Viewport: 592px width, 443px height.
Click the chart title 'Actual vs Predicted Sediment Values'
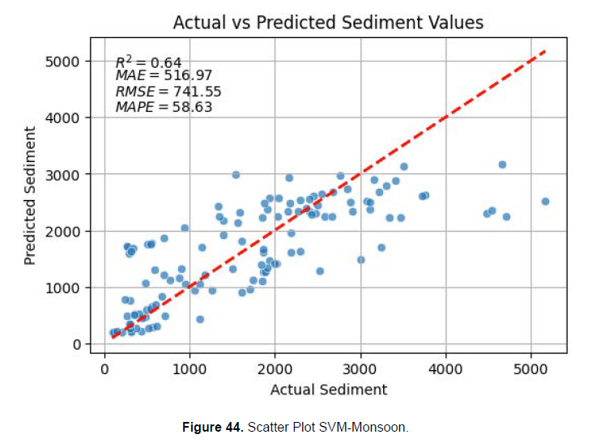pyautogui.click(x=328, y=22)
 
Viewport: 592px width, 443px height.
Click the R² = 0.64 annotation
pyautogui.click(x=148, y=62)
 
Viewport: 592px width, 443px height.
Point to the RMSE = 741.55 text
pyautogui.click(x=168, y=92)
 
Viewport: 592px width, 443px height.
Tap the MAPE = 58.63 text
pyautogui.click(x=163, y=106)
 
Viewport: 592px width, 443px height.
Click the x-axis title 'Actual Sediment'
pyautogui.click(x=329, y=390)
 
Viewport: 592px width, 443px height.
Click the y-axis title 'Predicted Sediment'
pyautogui.click(x=31, y=195)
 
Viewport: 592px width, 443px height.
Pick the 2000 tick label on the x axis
pyautogui.click(x=275, y=368)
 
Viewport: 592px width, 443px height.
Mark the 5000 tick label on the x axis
pyautogui.click(x=531, y=368)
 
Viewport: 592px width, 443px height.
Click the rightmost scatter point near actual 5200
pyautogui.click(x=545, y=202)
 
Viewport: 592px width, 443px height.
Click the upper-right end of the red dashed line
pyautogui.click(x=545, y=52)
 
